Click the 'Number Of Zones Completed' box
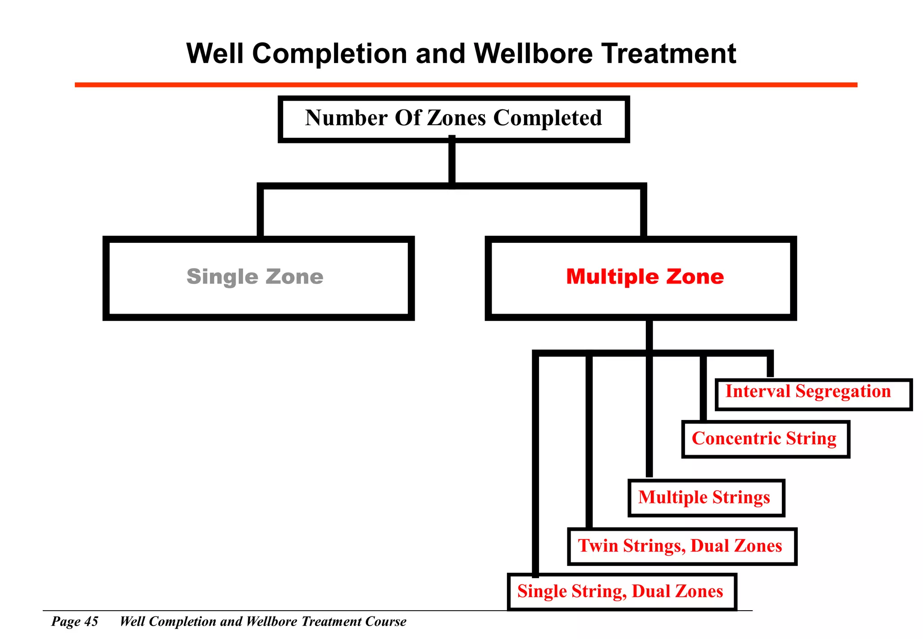453,119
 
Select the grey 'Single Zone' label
255,277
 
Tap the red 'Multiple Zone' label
645,277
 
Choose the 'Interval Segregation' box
813,394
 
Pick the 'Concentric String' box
765,439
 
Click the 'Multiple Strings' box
706,498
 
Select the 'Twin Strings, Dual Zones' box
681,546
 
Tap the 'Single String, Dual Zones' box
621,592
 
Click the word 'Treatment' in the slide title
669,54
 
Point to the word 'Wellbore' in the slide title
533,54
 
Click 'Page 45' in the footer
75,621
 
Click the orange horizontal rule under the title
466,85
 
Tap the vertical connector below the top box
452,162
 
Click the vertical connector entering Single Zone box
260,212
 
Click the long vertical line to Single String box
535,464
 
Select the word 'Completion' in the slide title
329,54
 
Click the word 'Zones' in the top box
457,118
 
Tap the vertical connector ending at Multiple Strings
649,415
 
